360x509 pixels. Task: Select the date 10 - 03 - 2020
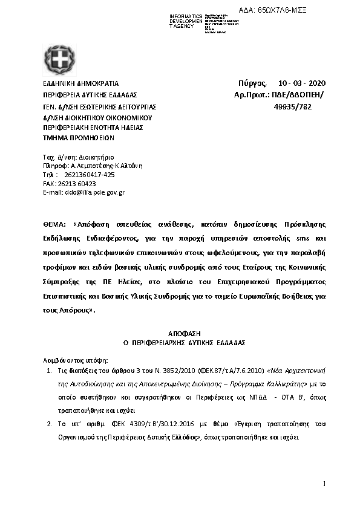point(301,83)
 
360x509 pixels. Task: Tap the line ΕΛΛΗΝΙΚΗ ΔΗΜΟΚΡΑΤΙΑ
point(80,83)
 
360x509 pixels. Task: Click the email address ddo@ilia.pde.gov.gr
point(83,192)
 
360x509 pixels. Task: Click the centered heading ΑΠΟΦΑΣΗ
point(180,333)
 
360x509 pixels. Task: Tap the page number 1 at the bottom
point(324,484)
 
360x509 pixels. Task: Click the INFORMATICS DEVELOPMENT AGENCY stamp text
point(186,22)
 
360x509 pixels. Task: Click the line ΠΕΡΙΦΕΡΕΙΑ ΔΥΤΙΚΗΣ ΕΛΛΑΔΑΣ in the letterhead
point(90,95)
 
